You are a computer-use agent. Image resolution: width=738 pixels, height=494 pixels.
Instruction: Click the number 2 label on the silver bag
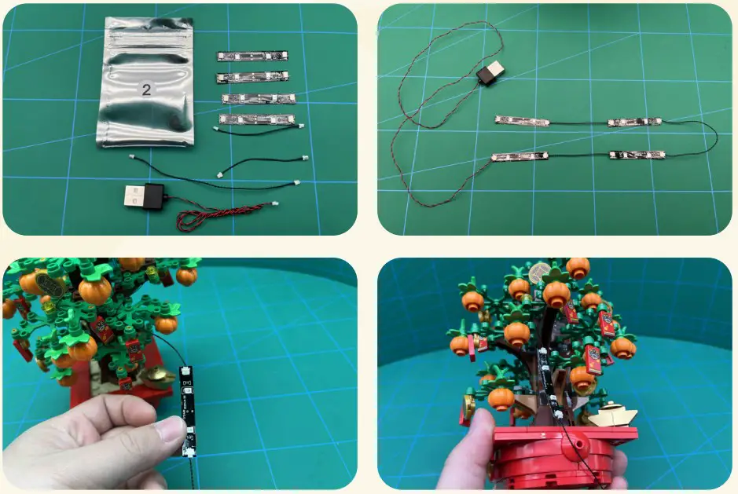click(146, 88)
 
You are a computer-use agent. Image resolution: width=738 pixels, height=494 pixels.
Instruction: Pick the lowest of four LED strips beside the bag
click(255, 120)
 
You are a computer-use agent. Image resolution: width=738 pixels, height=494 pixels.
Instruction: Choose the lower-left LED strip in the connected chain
click(520, 156)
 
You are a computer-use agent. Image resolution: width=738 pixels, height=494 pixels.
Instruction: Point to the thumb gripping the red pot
click(476, 429)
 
